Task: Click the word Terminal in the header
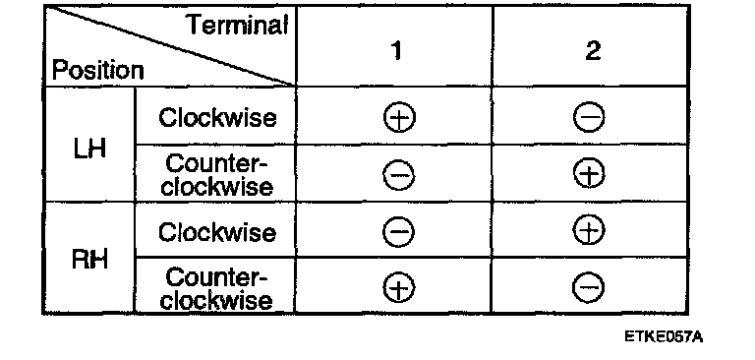pos(237,24)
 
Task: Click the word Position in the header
pos(97,71)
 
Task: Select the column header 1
pos(396,49)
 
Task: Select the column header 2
pos(593,49)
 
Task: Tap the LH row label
pos(90,150)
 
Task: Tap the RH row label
pos(90,260)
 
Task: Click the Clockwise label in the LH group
pos(217,117)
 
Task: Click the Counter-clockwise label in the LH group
pos(216,175)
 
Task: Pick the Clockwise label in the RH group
pos(217,232)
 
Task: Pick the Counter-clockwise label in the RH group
pos(216,288)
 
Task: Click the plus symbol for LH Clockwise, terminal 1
pos(399,118)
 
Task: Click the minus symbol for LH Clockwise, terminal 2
pos(589,118)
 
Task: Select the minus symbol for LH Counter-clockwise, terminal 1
pos(399,175)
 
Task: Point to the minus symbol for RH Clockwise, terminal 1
pos(398,232)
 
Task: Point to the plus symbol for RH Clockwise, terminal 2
pos(589,230)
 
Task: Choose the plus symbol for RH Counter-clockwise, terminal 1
pos(399,288)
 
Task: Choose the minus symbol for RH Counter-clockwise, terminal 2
pos(589,288)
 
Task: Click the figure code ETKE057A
pos(664,336)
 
